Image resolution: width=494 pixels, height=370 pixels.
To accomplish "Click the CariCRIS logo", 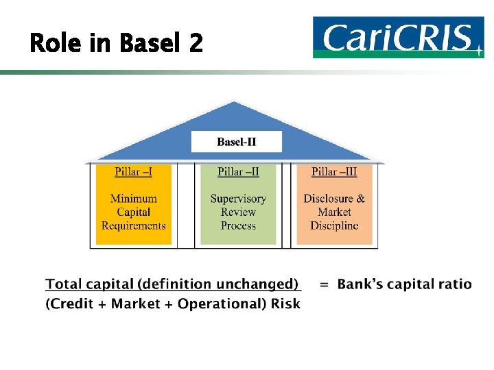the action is (x=397, y=38).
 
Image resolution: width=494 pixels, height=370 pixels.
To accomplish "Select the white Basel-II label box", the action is (x=237, y=142).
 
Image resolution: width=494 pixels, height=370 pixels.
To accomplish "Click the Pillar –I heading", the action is (x=134, y=171).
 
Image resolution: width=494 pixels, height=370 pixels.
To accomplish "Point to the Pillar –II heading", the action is (x=238, y=171).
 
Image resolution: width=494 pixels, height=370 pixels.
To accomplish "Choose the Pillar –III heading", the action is (x=334, y=171).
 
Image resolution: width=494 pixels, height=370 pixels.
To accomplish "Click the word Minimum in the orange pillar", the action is (x=134, y=199).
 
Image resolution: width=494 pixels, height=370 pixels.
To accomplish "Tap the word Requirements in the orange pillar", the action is (x=134, y=225).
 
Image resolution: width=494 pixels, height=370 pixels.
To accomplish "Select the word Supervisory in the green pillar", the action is (x=238, y=199).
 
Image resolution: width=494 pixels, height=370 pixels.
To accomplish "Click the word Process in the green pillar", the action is (x=238, y=225).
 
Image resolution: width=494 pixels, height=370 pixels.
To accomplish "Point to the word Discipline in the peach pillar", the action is (x=334, y=225).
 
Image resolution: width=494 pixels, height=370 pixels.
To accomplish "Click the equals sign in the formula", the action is (x=324, y=284).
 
